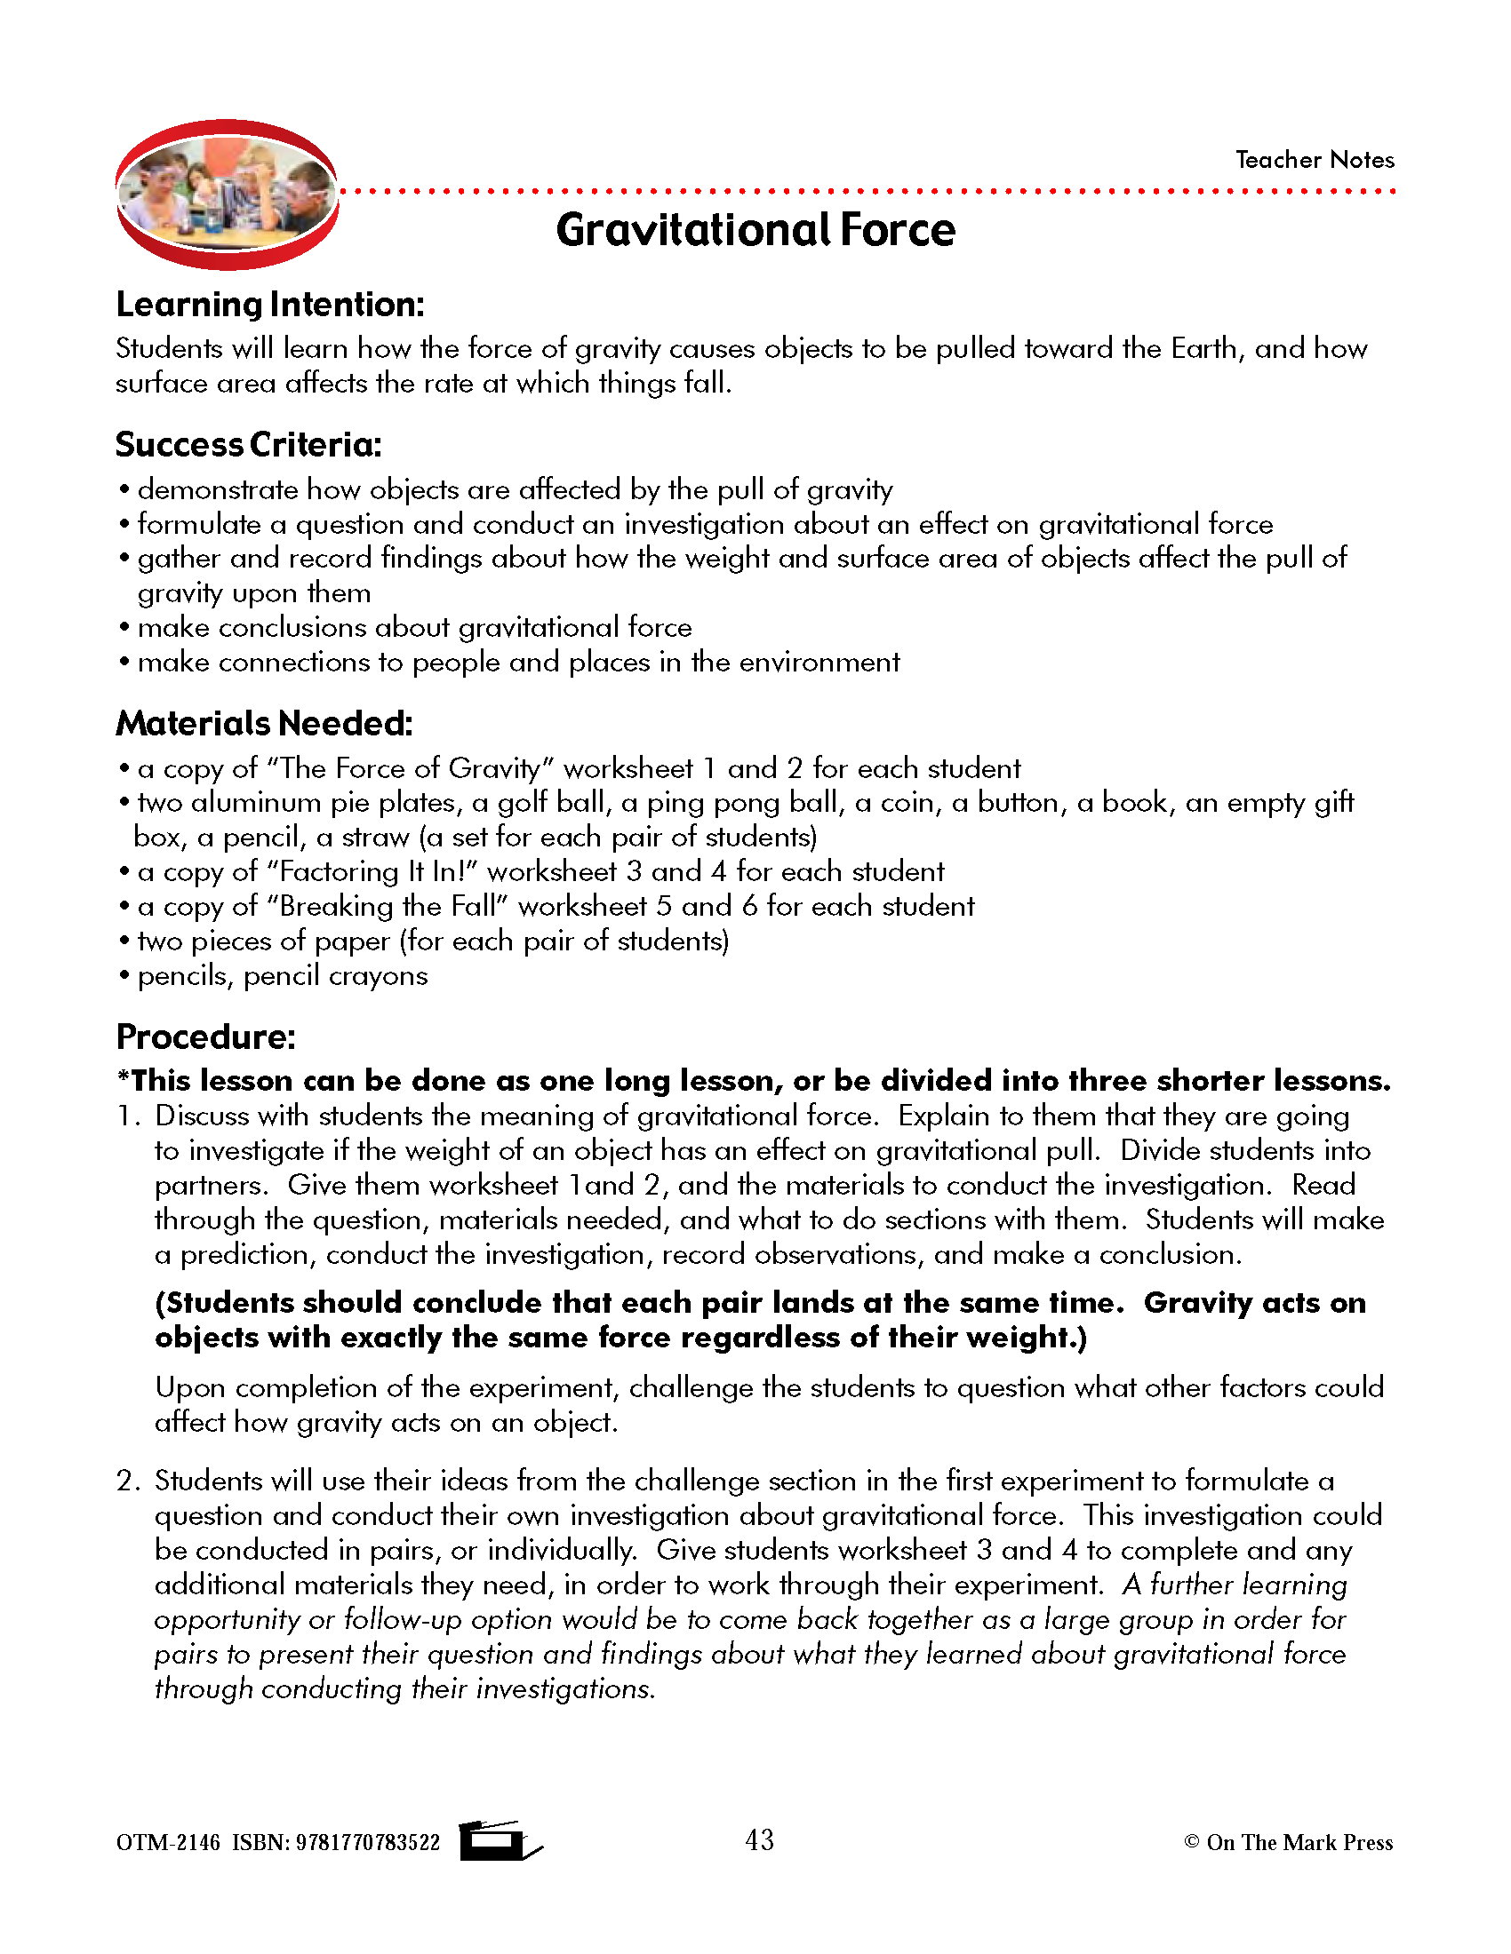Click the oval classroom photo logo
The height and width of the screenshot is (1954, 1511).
[x=228, y=195]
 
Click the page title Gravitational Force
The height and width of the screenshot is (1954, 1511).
[x=755, y=230]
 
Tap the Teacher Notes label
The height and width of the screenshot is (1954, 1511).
[x=1314, y=160]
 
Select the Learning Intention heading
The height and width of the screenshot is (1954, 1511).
[x=269, y=305]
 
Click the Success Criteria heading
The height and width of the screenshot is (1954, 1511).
[x=248, y=445]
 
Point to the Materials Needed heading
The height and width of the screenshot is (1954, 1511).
[x=264, y=724]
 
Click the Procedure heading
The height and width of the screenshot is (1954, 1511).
[x=205, y=1037]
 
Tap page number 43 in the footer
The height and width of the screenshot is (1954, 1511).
[x=759, y=1840]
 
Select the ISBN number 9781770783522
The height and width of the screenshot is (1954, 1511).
[x=368, y=1843]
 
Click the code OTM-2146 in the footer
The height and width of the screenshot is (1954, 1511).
[x=167, y=1843]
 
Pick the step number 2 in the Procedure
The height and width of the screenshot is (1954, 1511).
[x=125, y=1481]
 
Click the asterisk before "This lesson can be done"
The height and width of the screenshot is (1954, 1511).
[x=123, y=1077]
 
